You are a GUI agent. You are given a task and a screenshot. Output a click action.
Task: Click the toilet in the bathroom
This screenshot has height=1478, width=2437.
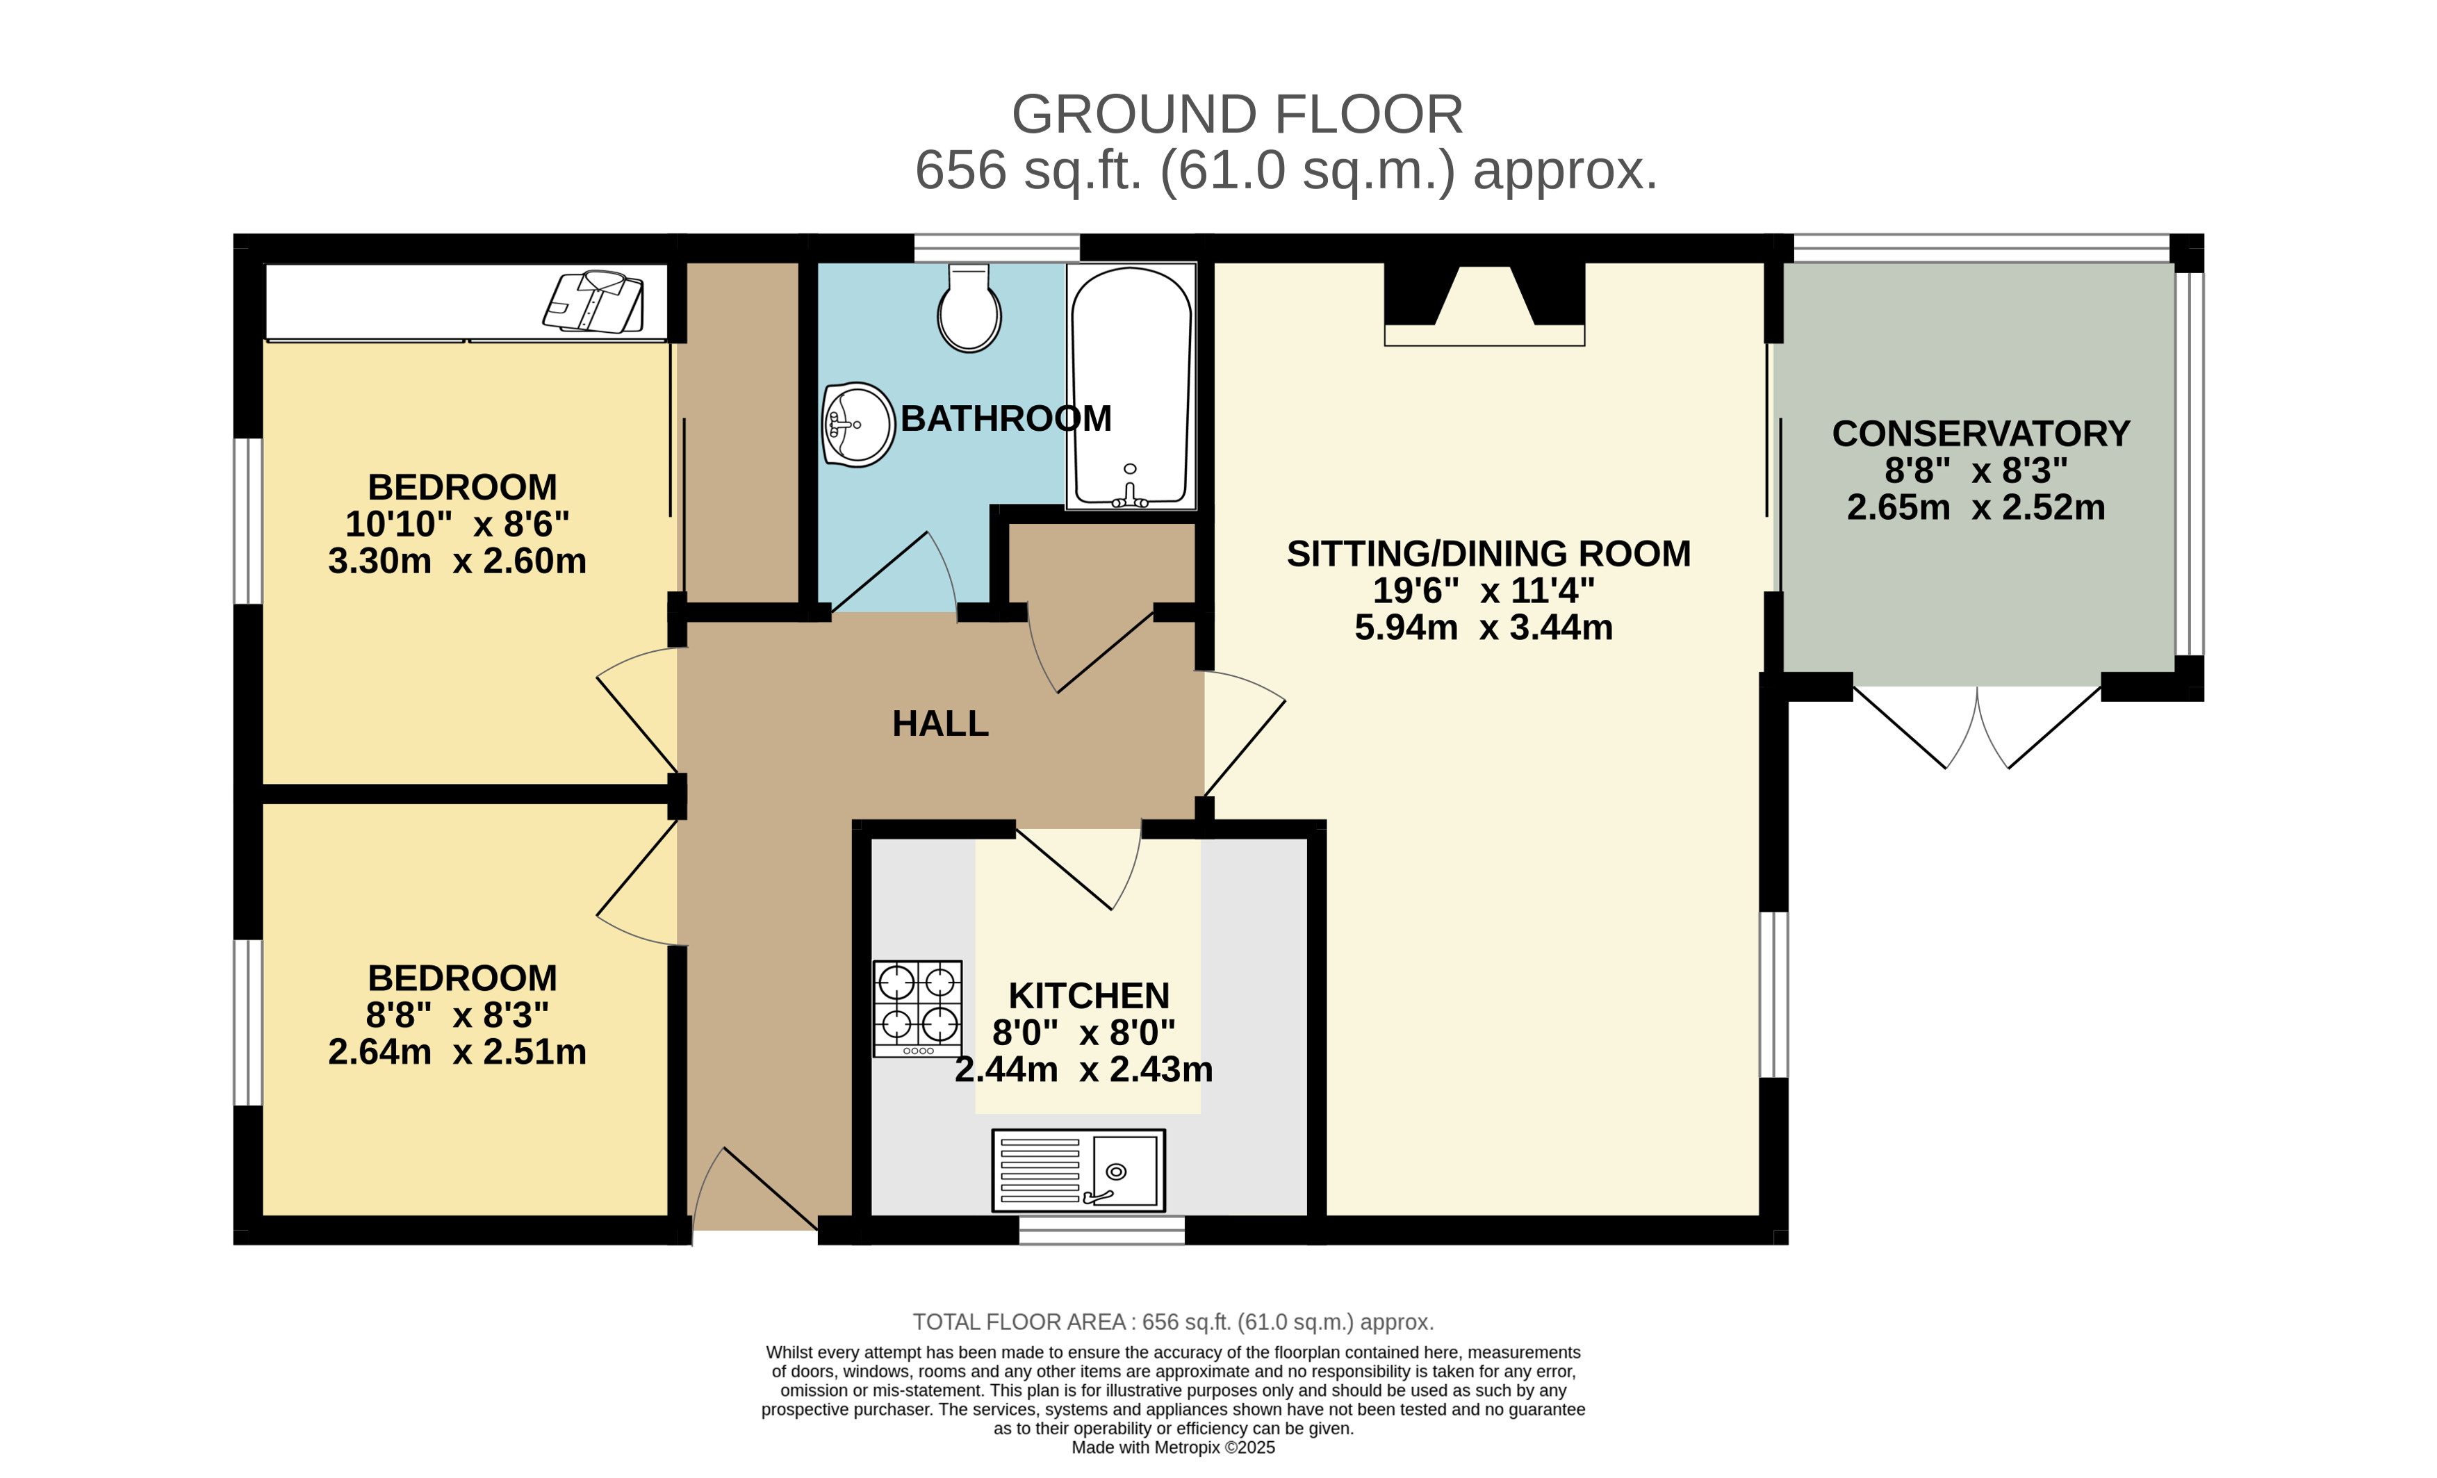point(969,308)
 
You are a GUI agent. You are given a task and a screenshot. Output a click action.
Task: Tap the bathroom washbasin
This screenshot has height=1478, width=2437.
point(858,425)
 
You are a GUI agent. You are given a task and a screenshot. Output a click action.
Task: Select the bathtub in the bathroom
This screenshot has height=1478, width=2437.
point(1131,387)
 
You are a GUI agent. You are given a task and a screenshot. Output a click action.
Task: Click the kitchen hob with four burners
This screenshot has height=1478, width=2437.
point(917,1008)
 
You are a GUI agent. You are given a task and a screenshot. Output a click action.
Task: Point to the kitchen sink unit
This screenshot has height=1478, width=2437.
point(1078,1170)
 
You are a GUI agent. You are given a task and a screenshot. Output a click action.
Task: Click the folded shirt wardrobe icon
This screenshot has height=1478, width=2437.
point(593,301)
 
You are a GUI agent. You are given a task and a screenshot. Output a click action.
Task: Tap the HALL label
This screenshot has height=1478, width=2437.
point(939,724)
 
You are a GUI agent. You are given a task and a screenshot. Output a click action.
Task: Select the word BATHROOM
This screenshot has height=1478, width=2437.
point(1006,418)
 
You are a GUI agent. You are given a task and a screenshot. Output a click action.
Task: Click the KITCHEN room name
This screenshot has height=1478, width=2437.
point(1089,995)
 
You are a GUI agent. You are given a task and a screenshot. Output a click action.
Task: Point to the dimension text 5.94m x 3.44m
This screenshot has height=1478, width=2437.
point(1484,627)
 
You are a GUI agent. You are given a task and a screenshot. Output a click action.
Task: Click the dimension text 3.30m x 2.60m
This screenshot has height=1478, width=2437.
point(457,561)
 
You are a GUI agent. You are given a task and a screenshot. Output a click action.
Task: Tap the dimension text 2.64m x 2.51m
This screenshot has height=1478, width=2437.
point(457,1051)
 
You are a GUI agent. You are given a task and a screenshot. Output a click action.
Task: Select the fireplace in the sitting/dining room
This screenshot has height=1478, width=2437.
point(1484,304)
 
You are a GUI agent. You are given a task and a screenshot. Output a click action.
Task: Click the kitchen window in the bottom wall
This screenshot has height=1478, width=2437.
point(1102,1230)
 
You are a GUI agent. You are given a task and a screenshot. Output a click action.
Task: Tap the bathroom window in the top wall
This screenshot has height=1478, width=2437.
point(997,247)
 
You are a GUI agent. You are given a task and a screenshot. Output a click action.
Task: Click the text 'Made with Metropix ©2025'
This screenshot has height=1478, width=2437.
point(1173,1447)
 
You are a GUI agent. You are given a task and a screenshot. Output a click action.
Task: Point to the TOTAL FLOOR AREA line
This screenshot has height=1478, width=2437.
point(1173,1322)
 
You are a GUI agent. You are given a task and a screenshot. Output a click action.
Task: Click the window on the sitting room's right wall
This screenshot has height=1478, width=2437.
point(1774,994)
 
